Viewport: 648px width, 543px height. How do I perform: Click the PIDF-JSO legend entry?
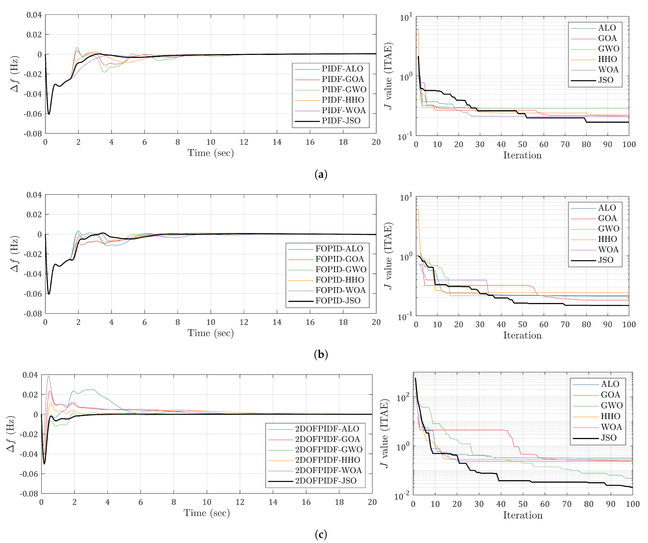(x=341, y=121)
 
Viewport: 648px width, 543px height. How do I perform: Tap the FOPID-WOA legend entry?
(x=340, y=290)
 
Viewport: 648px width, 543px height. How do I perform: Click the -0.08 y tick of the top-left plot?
(x=33, y=134)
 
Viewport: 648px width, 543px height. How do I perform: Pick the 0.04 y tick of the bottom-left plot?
(x=30, y=375)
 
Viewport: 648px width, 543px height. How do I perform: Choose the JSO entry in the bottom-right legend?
(x=608, y=438)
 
